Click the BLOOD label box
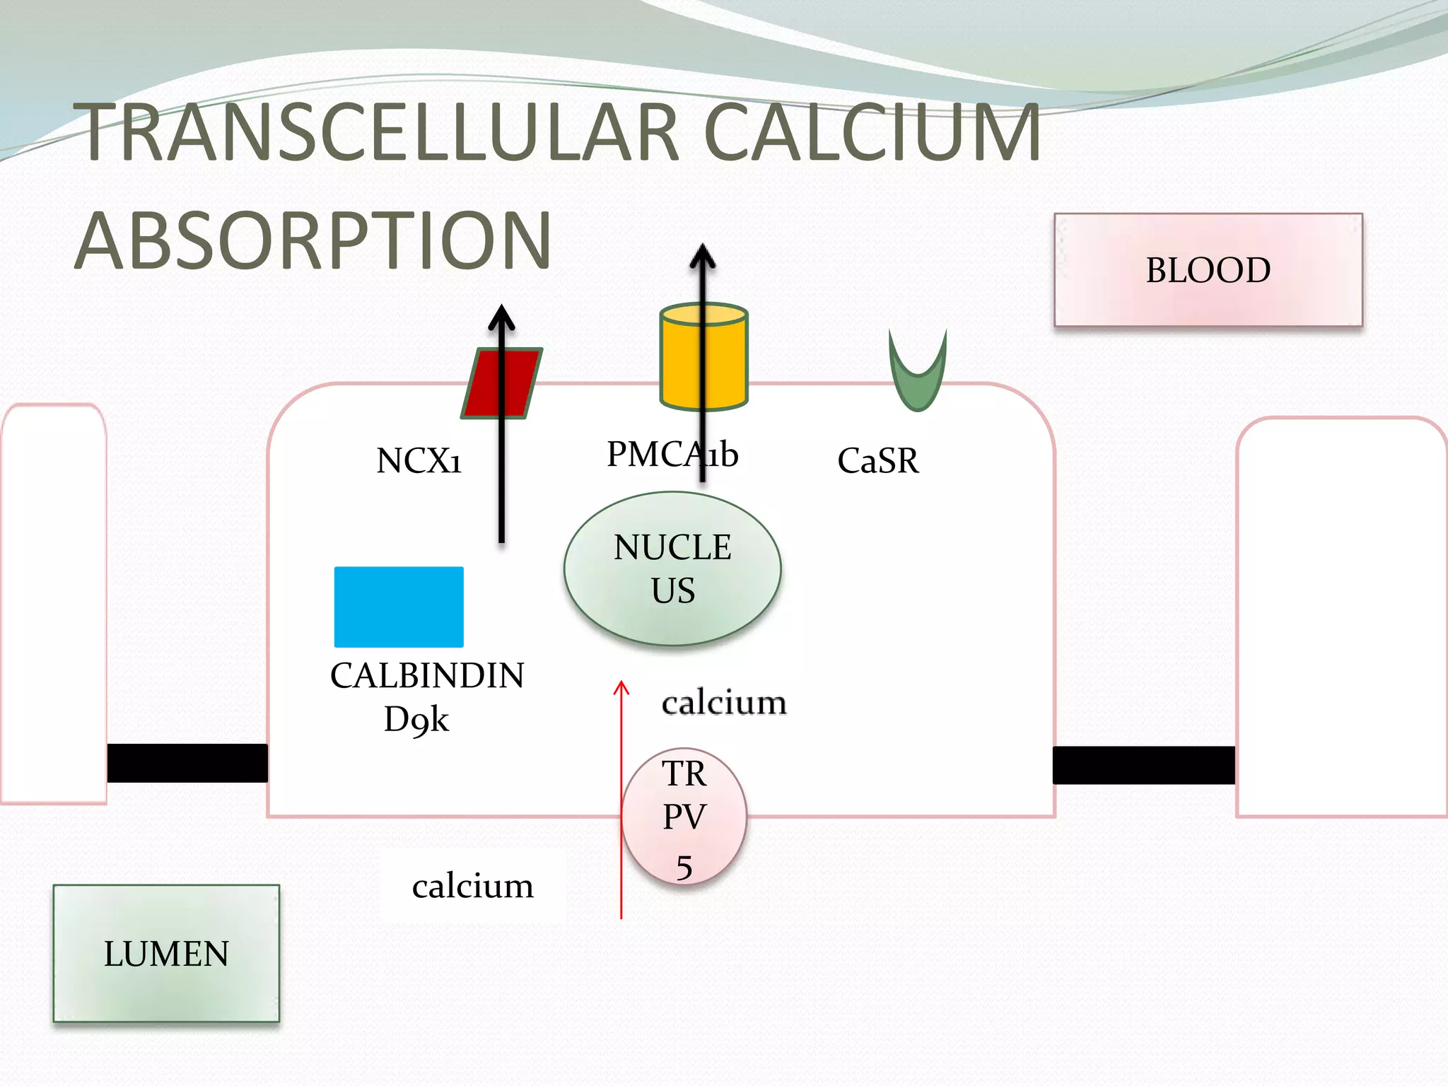(1208, 270)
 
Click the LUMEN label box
(166, 953)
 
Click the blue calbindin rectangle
(399, 607)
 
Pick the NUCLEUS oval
(672, 568)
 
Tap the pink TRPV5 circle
(684, 817)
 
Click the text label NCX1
(419, 461)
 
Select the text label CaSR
(878, 461)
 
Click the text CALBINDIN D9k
(427, 696)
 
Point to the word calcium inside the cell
(724, 703)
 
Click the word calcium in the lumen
(472, 886)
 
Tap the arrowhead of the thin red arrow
(621, 687)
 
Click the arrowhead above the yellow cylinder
(702, 256)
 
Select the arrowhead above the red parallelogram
(501, 317)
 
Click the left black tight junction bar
(187, 763)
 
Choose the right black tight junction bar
(1143, 765)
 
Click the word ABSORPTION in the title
(313, 241)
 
